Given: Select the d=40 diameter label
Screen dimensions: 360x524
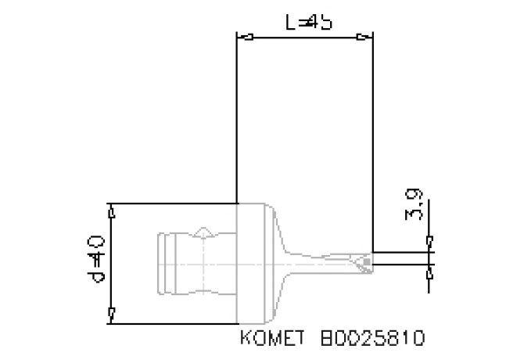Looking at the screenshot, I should pos(95,263).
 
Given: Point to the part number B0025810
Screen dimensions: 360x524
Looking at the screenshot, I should pos(373,339).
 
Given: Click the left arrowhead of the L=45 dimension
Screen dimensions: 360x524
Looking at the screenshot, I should pos(245,37).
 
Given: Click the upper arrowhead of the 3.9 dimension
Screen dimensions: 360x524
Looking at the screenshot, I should pos(429,241).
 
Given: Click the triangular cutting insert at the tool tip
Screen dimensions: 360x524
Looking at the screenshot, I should pos(362,262).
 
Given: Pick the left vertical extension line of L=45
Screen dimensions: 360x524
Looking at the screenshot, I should pos(236,117).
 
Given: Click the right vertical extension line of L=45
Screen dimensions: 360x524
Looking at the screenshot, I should pos(372,141).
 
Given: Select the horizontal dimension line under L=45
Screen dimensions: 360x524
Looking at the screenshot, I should pos(305,37).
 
